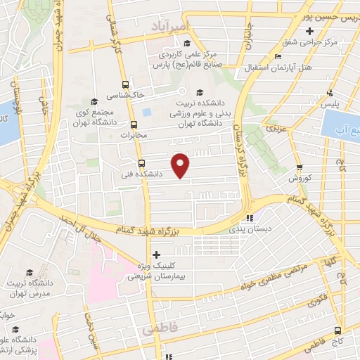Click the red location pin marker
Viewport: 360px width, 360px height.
pos(181,165)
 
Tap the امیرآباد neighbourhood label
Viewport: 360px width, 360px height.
pos(170,25)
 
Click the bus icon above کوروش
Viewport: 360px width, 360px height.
pos(300,167)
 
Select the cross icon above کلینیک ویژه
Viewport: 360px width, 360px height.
pos(156,254)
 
